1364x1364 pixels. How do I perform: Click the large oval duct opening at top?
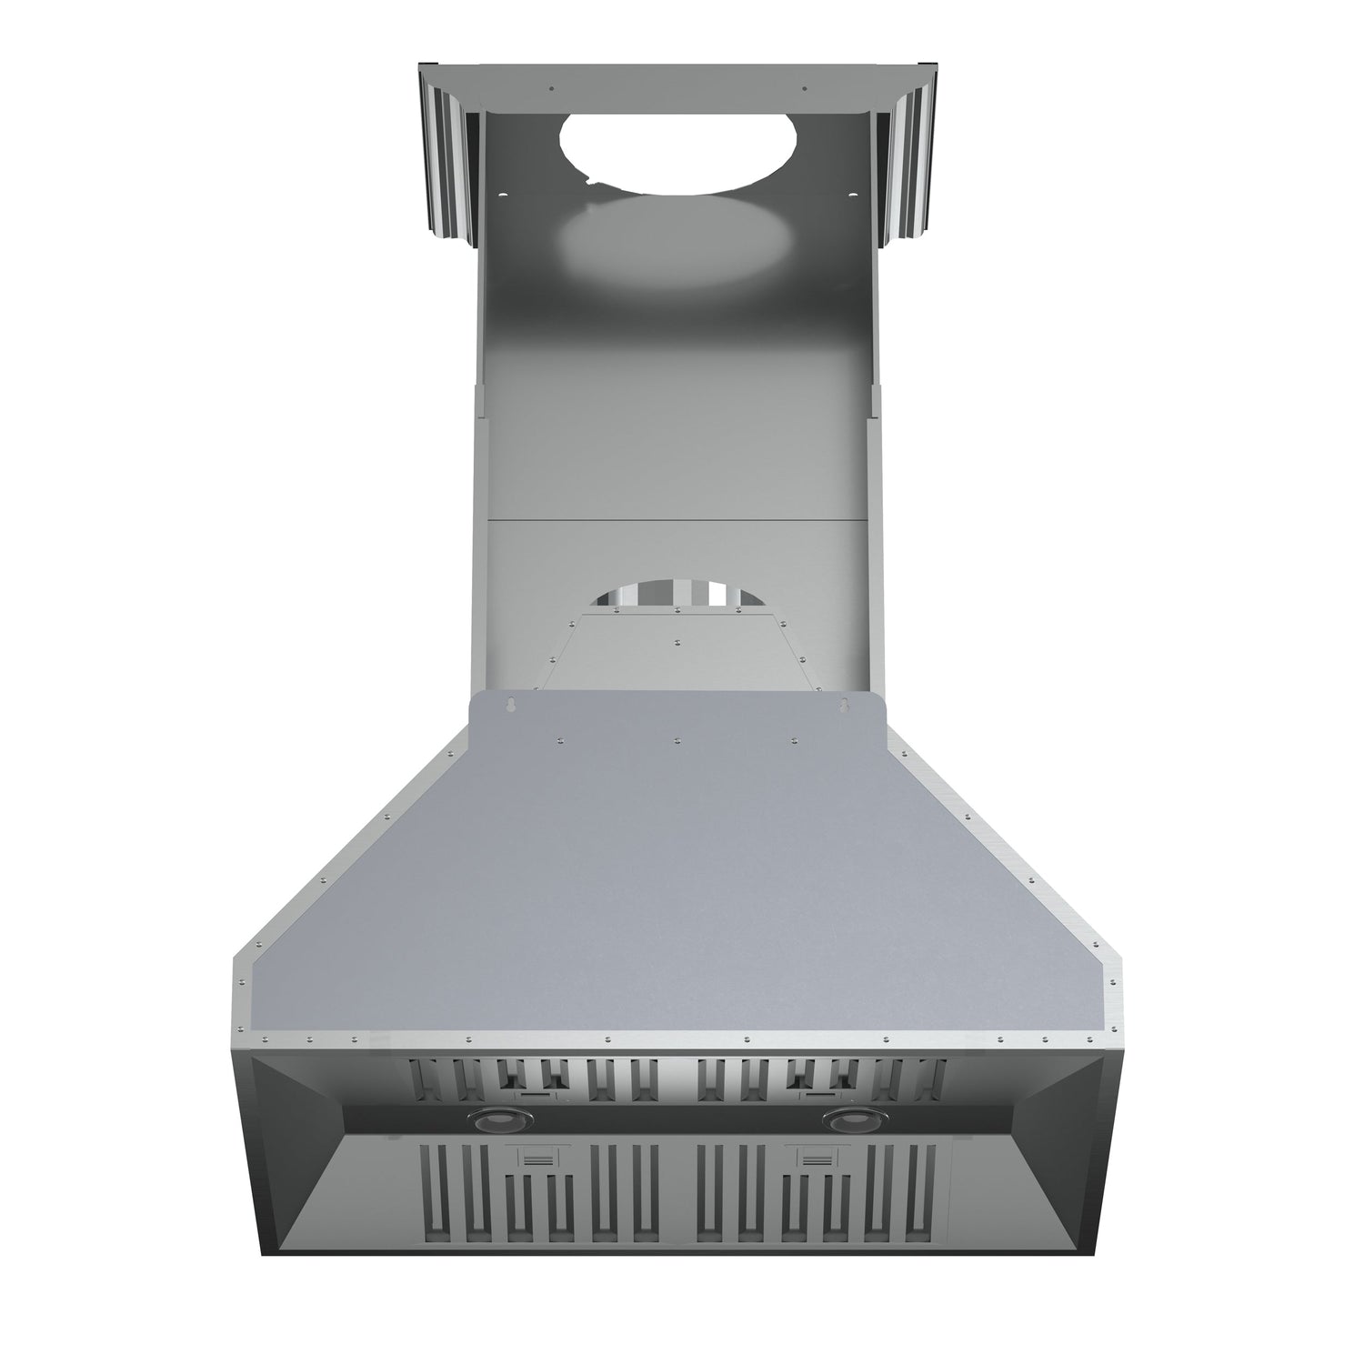[678, 149]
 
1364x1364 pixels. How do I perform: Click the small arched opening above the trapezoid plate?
[677, 594]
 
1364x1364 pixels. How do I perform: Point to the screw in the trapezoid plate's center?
[678, 641]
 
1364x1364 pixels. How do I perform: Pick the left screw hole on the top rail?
[551, 89]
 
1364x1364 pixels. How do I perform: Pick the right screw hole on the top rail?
[804, 89]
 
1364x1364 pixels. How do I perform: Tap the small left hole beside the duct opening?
[503, 193]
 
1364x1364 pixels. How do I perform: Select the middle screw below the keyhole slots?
[677, 740]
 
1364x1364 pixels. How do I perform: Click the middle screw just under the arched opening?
[678, 613]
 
